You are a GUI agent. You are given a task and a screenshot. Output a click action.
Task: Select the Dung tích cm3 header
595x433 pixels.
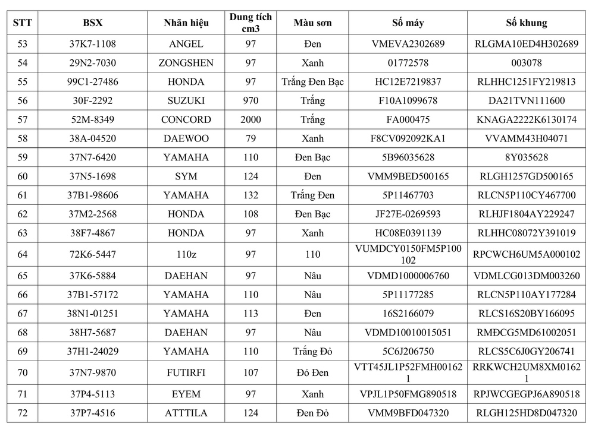[x=250, y=23]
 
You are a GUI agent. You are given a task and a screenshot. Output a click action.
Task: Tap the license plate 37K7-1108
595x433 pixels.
[x=93, y=44]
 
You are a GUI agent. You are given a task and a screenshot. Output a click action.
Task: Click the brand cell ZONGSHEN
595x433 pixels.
[x=186, y=63]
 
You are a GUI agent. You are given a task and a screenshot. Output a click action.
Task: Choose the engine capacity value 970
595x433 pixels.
[x=250, y=101]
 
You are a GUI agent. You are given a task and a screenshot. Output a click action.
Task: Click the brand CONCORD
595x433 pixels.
[x=186, y=119]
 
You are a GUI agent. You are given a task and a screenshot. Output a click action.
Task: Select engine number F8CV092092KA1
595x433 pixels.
[x=408, y=138]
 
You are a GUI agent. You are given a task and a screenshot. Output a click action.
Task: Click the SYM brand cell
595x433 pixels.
[x=186, y=176]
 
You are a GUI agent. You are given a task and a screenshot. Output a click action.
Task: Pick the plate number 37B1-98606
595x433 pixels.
[x=93, y=195]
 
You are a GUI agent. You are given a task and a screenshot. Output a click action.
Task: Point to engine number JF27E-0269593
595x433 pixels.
[x=408, y=214]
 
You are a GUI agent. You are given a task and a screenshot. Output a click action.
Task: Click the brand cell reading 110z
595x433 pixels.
[x=186, y=255]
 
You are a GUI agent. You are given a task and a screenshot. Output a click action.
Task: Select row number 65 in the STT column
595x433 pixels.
[x=23, y=276]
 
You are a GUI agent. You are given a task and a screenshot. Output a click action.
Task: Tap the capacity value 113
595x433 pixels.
[x=250, y=314]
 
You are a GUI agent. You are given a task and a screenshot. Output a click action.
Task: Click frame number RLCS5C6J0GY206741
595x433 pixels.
[x=526, y=352]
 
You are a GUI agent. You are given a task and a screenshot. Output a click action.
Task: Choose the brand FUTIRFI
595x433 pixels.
[x=186, y=373]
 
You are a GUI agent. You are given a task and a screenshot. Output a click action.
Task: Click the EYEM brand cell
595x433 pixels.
[x=186, y=394]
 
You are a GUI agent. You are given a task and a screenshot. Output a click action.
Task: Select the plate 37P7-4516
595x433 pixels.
[x=93, y=413]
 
